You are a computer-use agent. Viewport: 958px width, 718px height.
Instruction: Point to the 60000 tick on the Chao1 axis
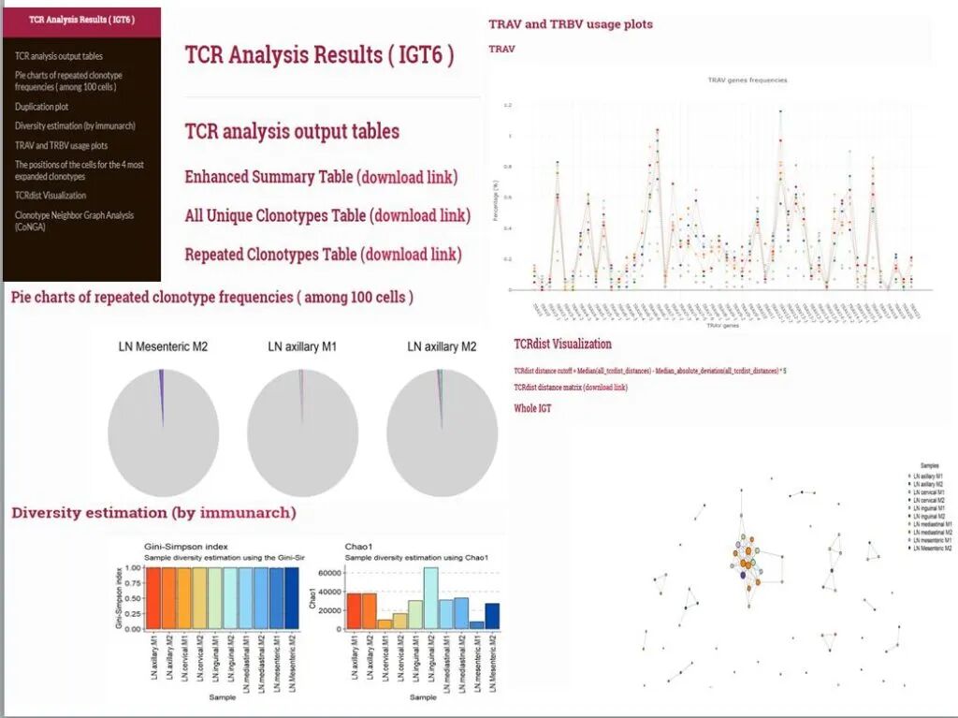click(330, 572)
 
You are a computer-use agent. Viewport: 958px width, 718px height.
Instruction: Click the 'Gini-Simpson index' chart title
click(186, 546)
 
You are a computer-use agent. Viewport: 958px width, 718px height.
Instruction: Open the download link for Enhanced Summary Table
click(408, 177)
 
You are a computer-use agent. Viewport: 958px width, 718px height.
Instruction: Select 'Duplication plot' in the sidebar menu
click(41, 107)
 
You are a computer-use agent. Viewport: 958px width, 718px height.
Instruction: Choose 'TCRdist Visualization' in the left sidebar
click(51, 196)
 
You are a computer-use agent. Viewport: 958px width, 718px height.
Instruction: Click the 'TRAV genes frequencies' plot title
click(747, 81)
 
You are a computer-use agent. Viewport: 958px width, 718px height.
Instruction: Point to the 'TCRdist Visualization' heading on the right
click(562, 344)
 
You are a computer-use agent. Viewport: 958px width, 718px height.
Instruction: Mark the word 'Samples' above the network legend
click(929, 465)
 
